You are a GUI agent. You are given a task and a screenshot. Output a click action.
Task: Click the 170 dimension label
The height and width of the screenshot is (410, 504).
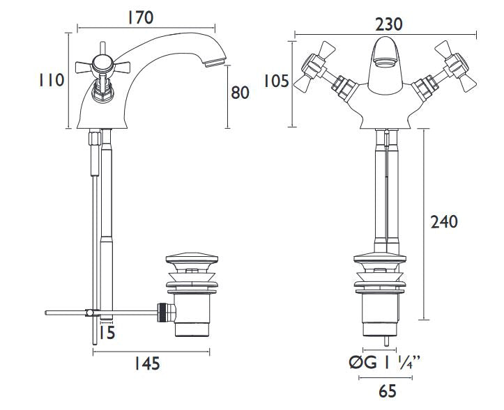[140, 17]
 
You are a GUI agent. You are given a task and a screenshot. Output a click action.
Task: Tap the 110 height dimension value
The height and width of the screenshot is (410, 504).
[52, 80]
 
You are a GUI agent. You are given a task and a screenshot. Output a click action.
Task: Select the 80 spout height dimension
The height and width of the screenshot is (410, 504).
[240, 93]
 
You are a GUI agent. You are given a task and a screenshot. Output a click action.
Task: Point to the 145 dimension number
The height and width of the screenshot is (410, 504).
[146, 363]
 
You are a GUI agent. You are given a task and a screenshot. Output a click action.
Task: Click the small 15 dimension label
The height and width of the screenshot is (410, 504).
[107, 333]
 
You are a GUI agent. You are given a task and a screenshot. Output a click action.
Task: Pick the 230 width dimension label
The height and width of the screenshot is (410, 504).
[388, 24]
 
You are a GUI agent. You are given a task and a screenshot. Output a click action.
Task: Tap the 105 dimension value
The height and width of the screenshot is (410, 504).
[277, 81]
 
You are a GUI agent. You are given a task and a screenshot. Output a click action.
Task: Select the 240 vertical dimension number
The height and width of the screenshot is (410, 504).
[444, 222]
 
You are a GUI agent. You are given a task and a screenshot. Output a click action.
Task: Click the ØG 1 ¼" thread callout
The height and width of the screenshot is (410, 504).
[384, 363]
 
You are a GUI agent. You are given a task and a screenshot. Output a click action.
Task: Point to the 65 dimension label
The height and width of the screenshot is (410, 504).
[388, 391]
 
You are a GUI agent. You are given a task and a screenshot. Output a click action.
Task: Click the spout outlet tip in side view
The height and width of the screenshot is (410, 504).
[215, 62]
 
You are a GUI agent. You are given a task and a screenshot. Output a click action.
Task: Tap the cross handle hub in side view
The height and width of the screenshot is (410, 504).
[102, 64]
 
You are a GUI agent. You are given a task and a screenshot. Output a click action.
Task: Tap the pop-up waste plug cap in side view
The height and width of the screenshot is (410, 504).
[192, 259]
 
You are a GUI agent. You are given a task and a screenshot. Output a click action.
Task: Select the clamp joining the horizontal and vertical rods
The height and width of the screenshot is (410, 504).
[92, 313]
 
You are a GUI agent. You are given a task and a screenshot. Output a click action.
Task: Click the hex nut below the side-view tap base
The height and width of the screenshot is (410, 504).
[94, 137]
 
